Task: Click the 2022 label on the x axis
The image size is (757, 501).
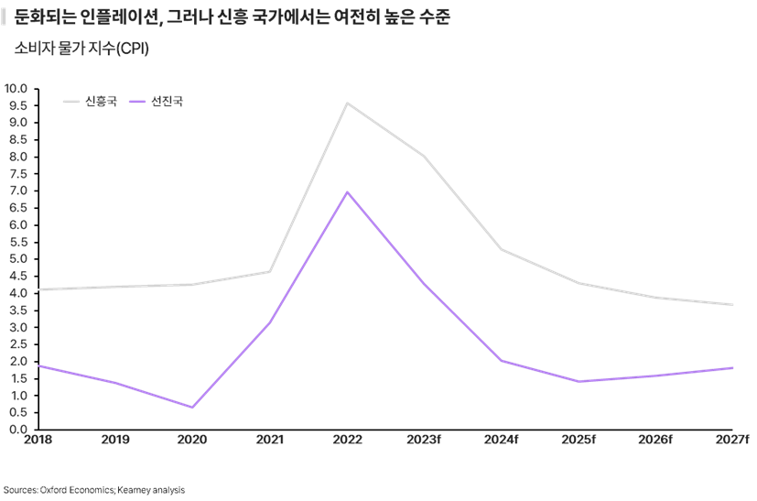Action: pos(346,441)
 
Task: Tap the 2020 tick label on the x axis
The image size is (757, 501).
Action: pos(192,441)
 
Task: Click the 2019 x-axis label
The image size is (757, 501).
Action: pos(115,441)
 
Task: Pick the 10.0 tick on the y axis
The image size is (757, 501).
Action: pos(16,88)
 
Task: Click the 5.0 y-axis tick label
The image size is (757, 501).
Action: pos(16,258)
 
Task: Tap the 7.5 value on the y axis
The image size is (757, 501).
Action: pos(16,173)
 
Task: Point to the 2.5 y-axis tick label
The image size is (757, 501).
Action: pos(16,343)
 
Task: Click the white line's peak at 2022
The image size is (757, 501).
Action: pos(347,103)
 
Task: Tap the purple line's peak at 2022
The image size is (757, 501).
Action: pos(347,191)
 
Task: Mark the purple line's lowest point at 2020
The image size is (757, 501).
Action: pos(192,408)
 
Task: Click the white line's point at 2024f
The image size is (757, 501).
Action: pos(502,249)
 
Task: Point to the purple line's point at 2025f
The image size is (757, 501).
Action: pos(579,381)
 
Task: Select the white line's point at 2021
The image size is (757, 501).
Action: pos(269,271)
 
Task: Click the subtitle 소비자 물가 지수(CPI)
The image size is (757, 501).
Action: pos(81,49)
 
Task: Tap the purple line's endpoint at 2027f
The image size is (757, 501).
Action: pos(733,367)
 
